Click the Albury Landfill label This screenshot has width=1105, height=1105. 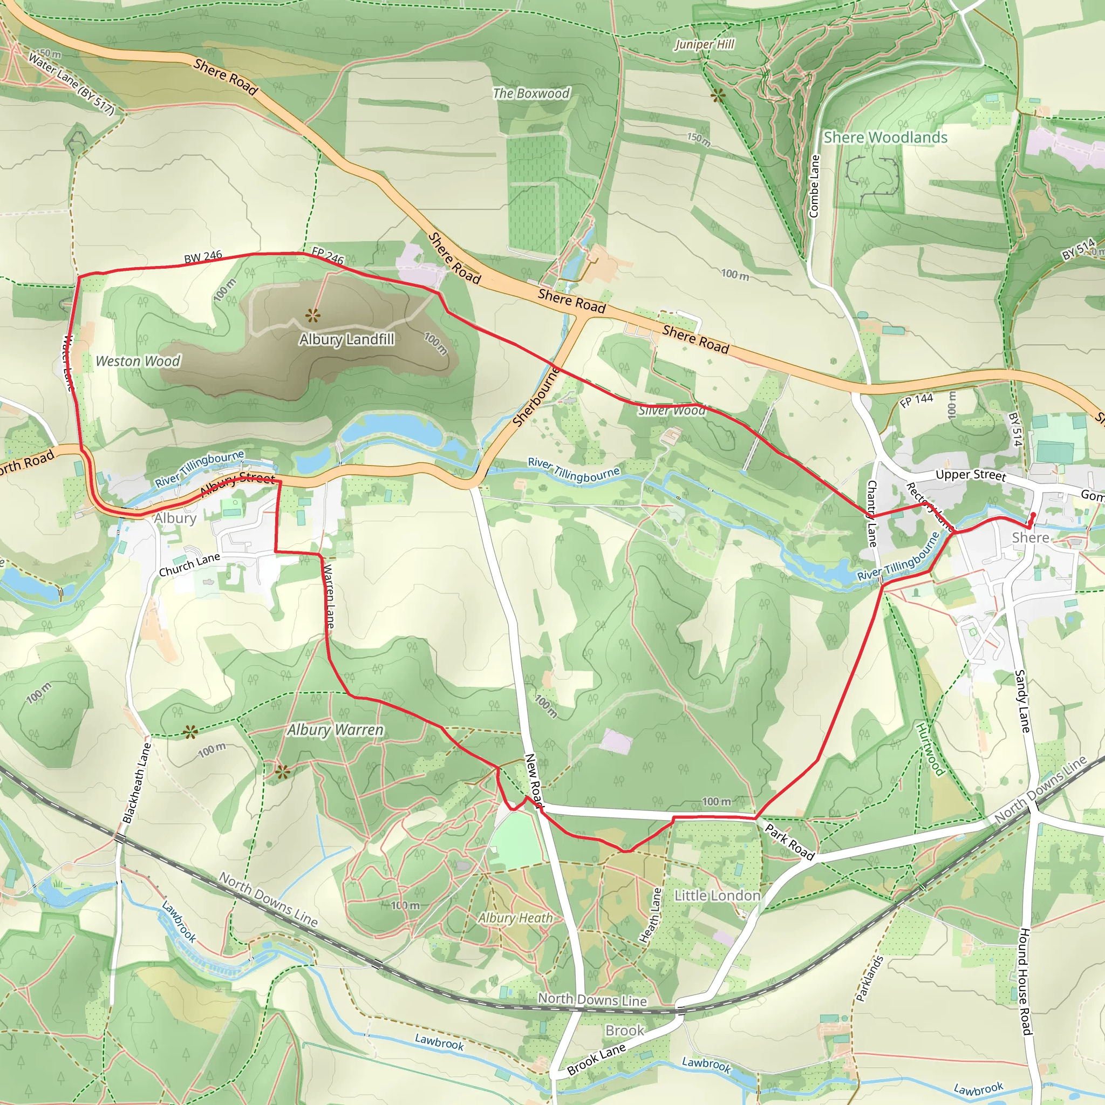(346, 339)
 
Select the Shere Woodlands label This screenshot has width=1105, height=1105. (885, 137)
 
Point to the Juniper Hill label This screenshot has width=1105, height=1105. (704, 45)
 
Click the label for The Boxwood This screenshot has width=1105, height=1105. (531, 93)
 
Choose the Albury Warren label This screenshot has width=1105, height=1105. (335, 730)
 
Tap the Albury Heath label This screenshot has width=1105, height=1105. (515, 918)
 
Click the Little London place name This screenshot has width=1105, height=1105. (717, 896)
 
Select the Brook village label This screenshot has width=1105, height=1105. (625, 1031)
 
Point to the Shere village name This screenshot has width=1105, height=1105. (1031, 537)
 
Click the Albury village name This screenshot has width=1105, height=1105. (175, 518)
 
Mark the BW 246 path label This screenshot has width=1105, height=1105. (203, 257)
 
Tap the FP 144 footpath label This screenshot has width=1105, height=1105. (916, 400)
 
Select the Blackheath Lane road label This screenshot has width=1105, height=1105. (136, 782)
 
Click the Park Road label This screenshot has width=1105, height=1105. (789, 842)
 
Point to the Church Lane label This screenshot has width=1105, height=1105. (189, 565)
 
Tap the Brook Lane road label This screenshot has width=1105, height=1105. (597, 1059)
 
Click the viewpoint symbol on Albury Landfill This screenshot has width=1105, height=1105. (312, 315)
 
